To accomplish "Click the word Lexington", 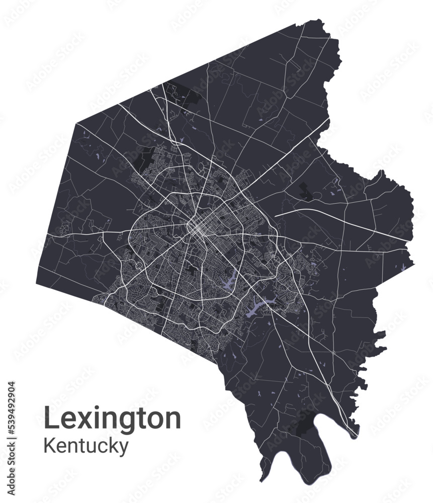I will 112,418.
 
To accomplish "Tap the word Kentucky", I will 86,446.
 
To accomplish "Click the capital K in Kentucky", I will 50,445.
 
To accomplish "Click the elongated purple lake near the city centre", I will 231,280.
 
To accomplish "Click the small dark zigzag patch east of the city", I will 305,191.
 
